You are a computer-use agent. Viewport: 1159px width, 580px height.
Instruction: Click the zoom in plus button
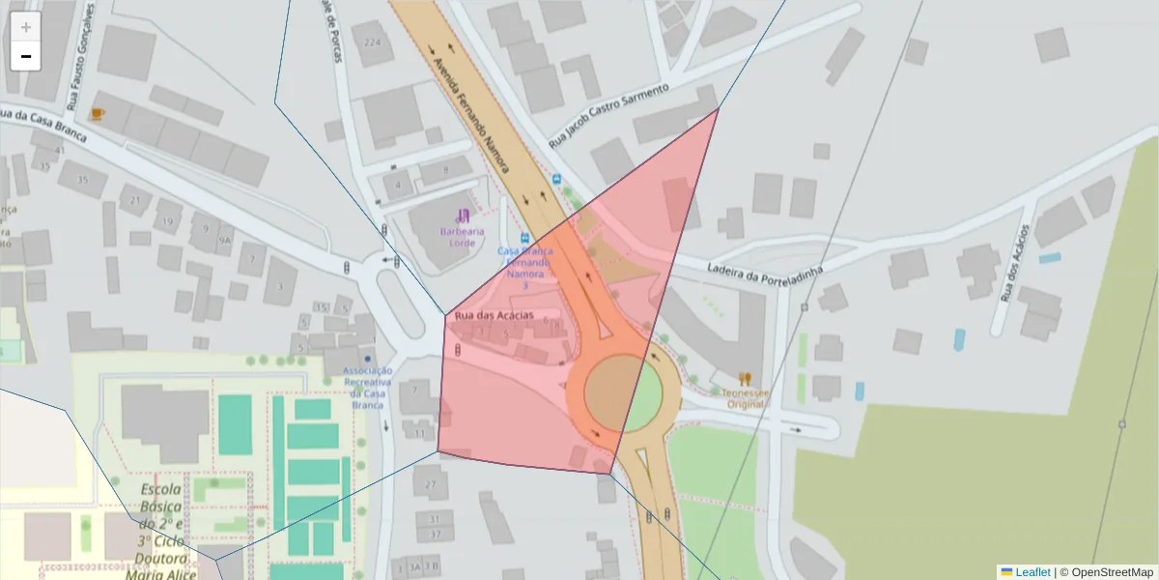click(x=26, y=27)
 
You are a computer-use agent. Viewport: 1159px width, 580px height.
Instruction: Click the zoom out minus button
click(x=26, y=56)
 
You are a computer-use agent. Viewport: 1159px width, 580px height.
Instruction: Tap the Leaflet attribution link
click(x=1032, y=571)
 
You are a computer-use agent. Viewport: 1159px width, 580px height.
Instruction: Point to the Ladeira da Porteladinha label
click(x=764, y=270)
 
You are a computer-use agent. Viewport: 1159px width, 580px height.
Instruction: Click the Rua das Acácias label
click(x=494, y=315)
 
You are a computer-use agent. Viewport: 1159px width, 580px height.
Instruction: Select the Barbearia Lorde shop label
click(x=463, y=237)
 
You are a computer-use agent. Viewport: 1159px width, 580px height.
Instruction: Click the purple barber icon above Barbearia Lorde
click(x=463, y=215)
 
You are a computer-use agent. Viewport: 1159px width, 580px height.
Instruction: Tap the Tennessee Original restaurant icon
click(x=744, y=379)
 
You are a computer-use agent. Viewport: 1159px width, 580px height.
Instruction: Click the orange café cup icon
click(x=97, y=114)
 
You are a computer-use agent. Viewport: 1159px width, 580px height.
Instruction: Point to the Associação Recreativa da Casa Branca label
click(x=368, y=387)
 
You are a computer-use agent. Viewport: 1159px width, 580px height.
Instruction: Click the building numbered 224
click(x=372, y=42)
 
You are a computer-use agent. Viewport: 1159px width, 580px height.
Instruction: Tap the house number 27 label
click(x=431, y=483)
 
